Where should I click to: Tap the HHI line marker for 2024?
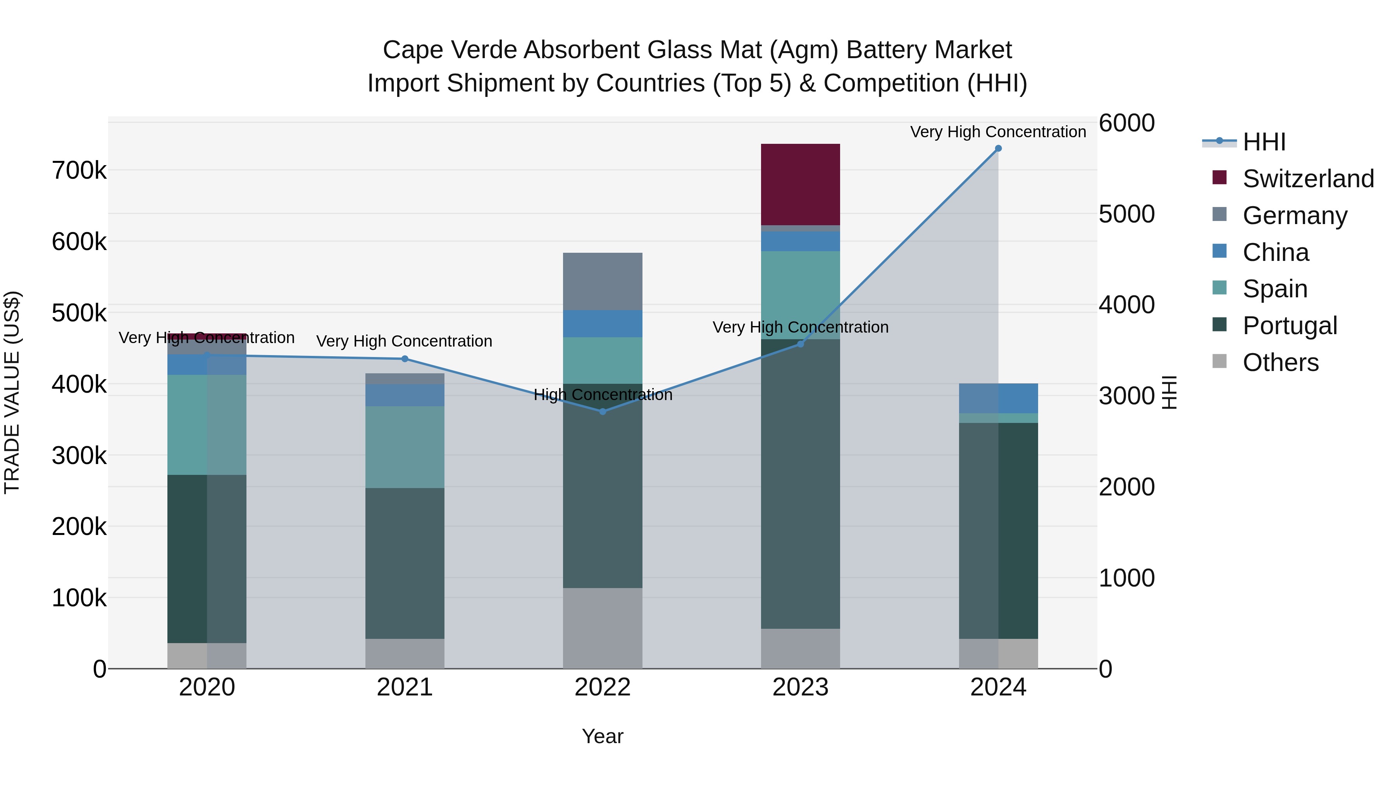tap(998, 148)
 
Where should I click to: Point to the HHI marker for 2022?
tap(602, 412)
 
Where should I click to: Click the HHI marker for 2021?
tap(405, 359)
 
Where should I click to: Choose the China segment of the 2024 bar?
tap(998, 398)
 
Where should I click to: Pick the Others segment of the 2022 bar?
tap(602, 628)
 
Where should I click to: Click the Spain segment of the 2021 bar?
tap(405, 447)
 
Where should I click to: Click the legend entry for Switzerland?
tap(1307, 179)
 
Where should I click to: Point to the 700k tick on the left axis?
tap(79, 171)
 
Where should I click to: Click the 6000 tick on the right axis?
tap(1126, 123)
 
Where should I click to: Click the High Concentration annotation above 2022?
tap(602, 395)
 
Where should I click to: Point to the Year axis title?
tap(602, 736)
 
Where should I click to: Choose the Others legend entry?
tap(1280, 362)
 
